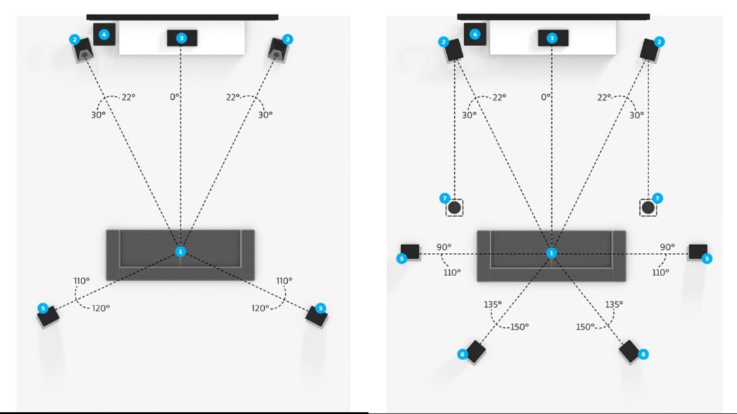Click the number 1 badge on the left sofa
[x=181, y=251]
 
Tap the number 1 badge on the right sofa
[x=551, y=253]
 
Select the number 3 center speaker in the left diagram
[x=182, y=37]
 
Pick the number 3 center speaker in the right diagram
[x=552, y=38]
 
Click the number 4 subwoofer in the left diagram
[x=104, y=34]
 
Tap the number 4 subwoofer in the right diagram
[x=475, y=33]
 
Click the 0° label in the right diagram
[x=545, y=96]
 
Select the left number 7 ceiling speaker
[x=454, y=208]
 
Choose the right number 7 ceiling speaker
[x=648, y=208]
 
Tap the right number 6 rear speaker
[x=630, y=351]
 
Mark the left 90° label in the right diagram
[x=444, y=247]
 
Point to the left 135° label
[x=493, y=304]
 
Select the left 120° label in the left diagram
[x=100, y=308]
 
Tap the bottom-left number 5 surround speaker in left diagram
[x=49, y=314]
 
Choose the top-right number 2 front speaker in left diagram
[x=279, y=48]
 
